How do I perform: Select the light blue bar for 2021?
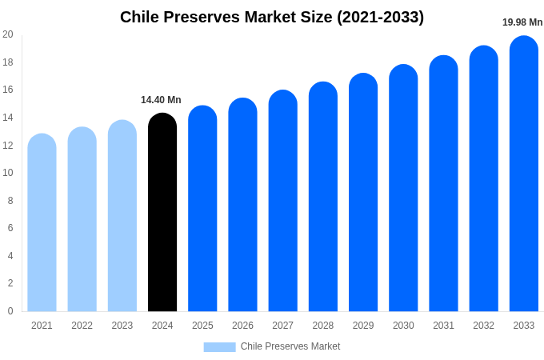pyautogui.click(x=42, y=223)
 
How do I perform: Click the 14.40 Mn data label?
pyautogui.click(x=161, y=100)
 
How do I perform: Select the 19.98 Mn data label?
pyautogui.click(x=522, y=22)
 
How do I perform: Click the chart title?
pyautogui.click(x=272, y=17)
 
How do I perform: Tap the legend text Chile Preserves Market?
pyautogui.click(x=290, y=346)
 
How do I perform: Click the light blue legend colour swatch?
pyautogui.click(x=219, y=347)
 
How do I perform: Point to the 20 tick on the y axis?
pyautogui.click(x=8, y=34)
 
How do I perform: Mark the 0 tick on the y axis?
pyautogui.click(x=10, y=311)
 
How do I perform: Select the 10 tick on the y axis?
pyautogui.click(x=8, y=173)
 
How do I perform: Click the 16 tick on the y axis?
pyautogui.click(x=8, y=90)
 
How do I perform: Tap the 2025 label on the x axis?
pyautogui.click(x=202, y=326)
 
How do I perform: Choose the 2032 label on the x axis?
pyautogui.click(x=483, y=326)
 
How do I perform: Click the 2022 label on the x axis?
pyautogui.click(x=82, y=326)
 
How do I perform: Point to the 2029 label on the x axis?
pyautogui.click(x=363, y=326)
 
